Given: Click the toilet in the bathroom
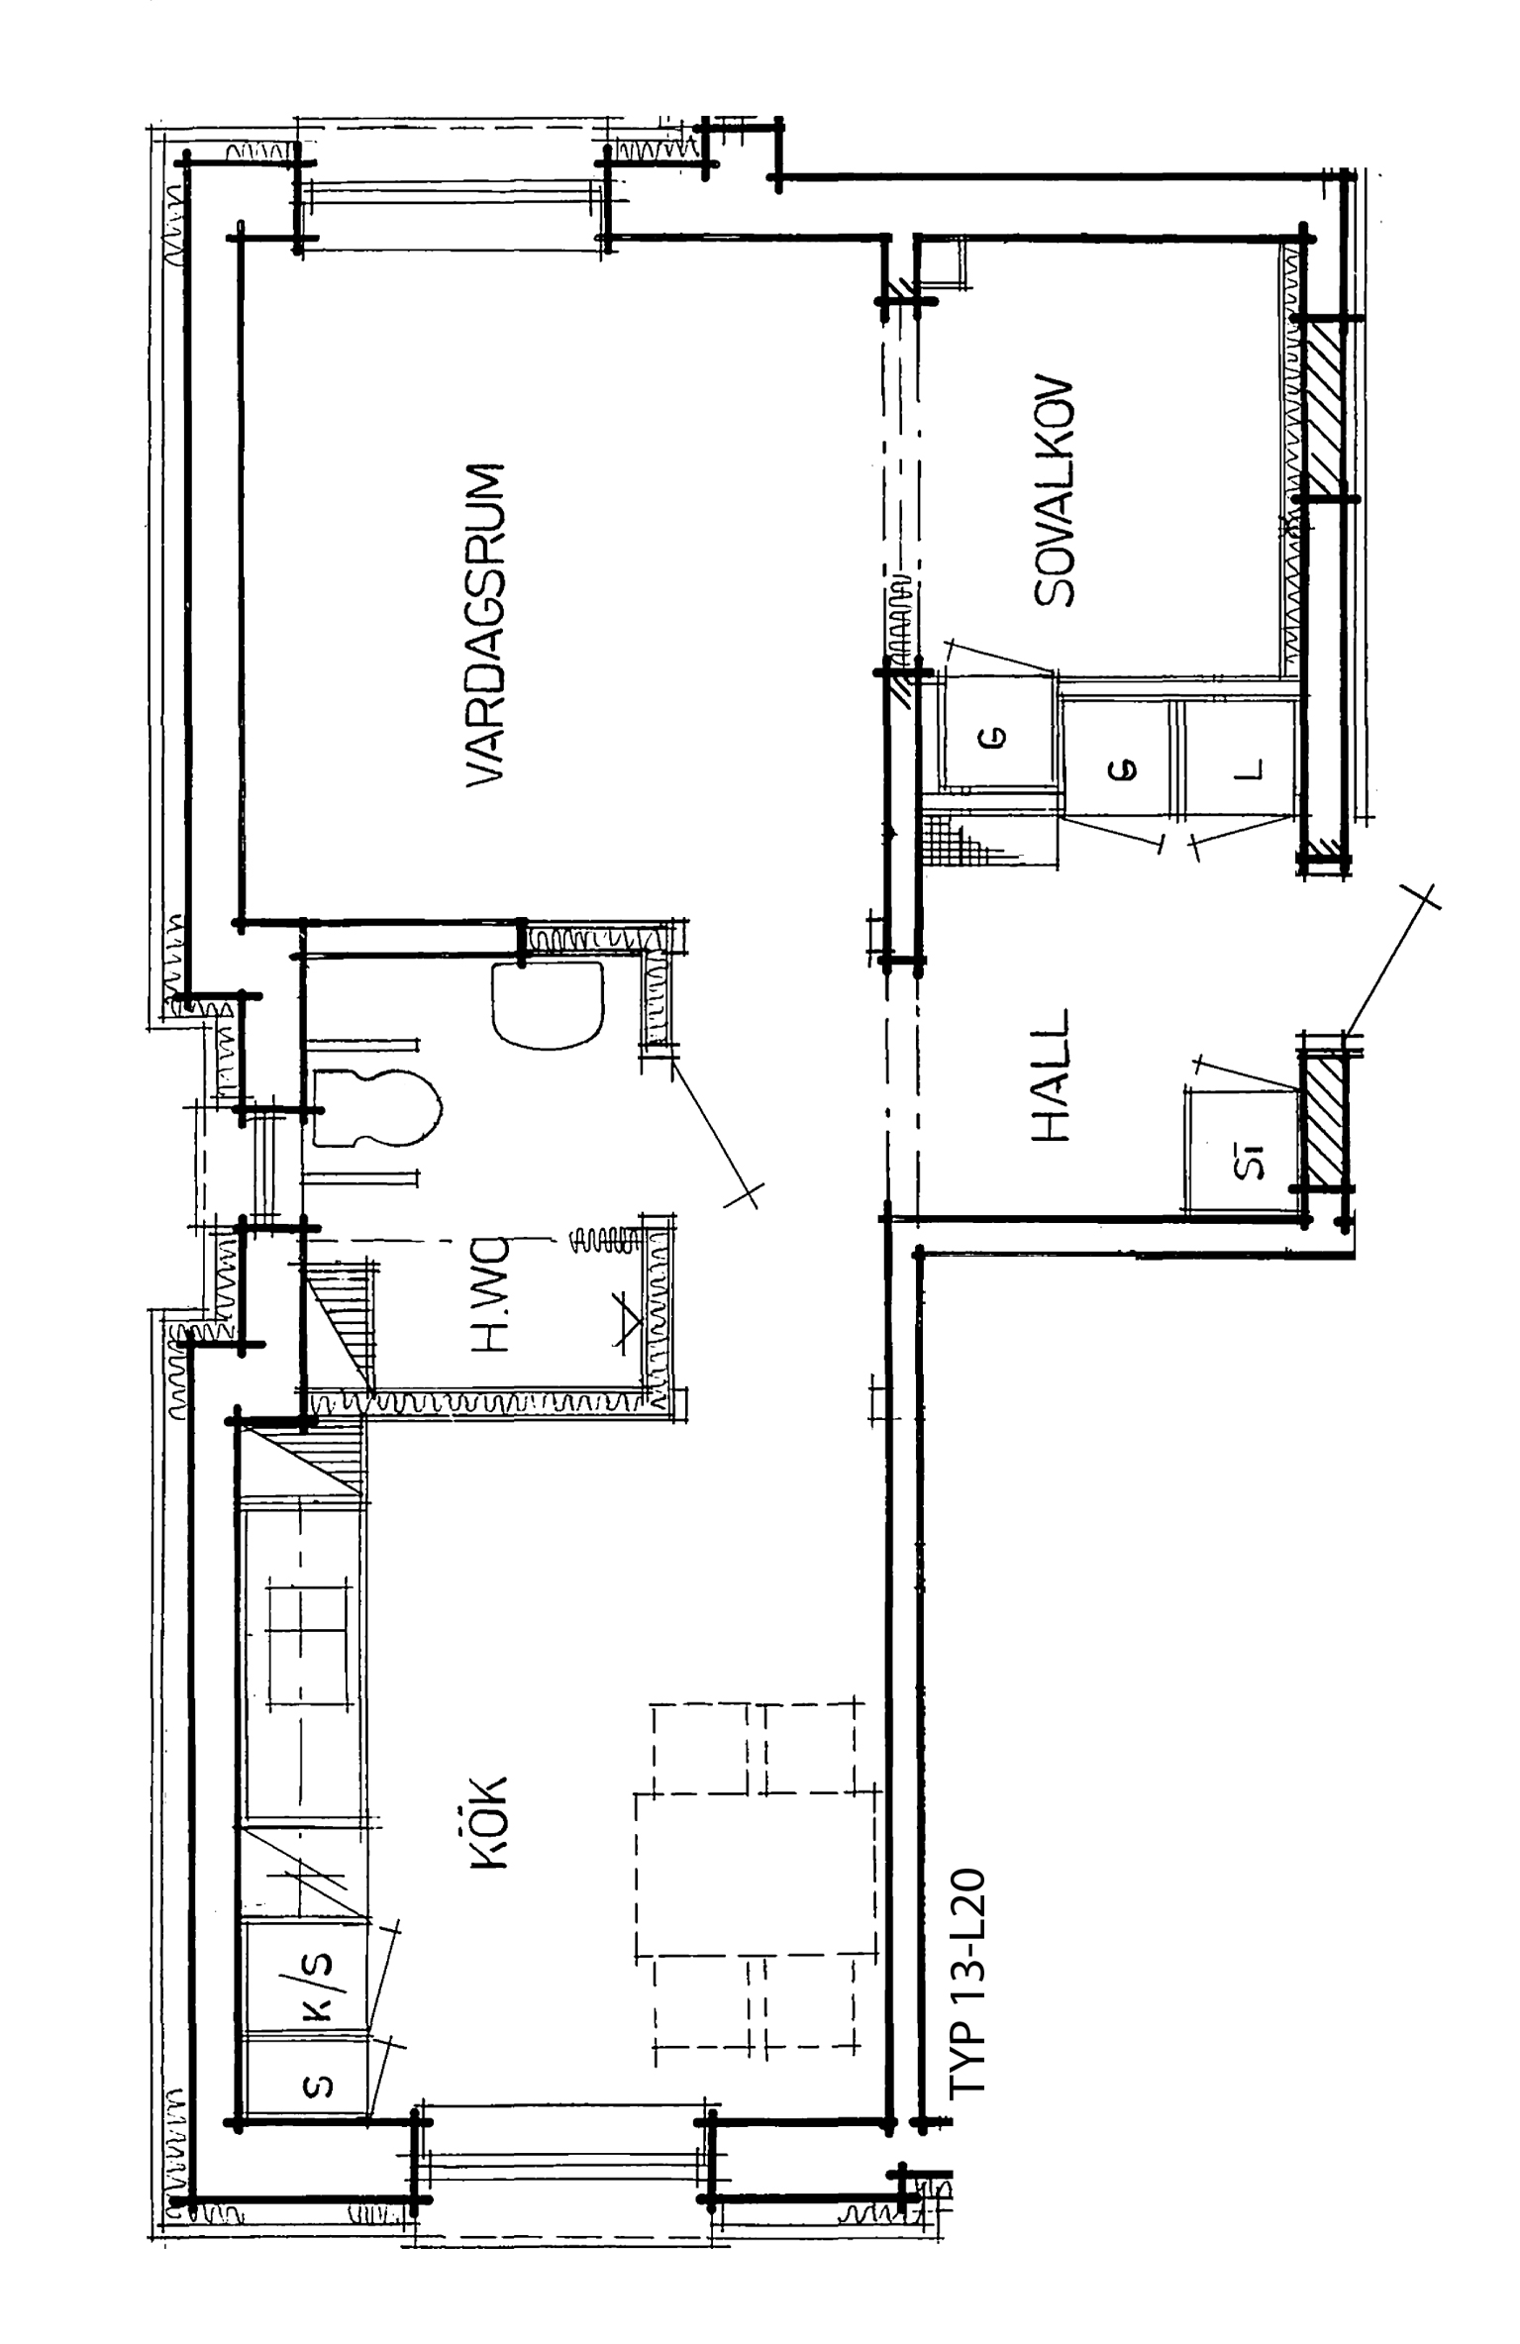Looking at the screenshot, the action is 377,1108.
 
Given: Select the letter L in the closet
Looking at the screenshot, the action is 1252,769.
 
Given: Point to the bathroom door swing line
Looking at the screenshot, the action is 711,1128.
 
